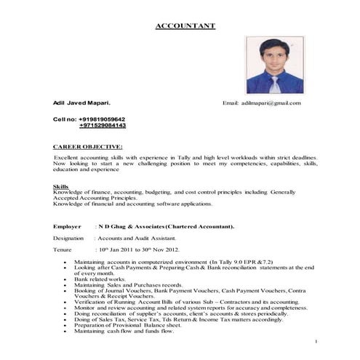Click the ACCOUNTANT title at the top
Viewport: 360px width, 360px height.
(x=185, y=26)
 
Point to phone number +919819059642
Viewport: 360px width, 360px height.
(x=101, y=119)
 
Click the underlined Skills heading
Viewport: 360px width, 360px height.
(x=60, y=186)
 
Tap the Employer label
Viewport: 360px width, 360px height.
(x=68, y=227)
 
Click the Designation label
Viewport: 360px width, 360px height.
(x=68, y=238)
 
